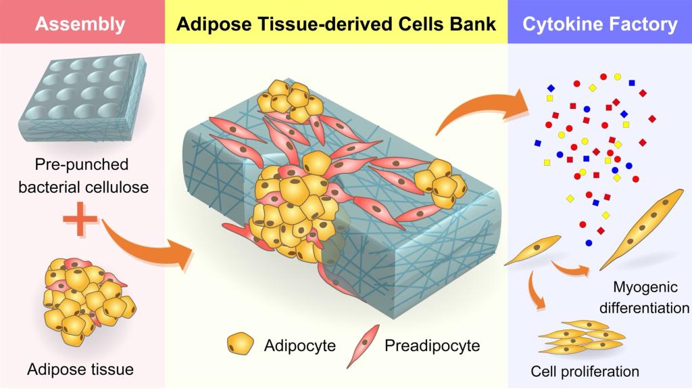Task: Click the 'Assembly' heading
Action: click(x=80, y=25)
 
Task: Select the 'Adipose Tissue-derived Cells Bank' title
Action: click(x=336, y=25)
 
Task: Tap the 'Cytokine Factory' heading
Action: click(x=600, y=25)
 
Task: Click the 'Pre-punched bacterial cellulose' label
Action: click(x=83, y=175)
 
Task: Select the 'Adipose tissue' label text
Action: click(x=80, y=369)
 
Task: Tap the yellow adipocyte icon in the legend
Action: click(x=239, y=344)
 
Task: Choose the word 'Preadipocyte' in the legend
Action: click(x=432, y=346)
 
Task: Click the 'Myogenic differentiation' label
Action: click(x=648, y=298)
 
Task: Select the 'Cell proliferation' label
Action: click(x=585, y=371)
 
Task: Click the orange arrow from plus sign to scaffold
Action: click(x=145, y=244)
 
